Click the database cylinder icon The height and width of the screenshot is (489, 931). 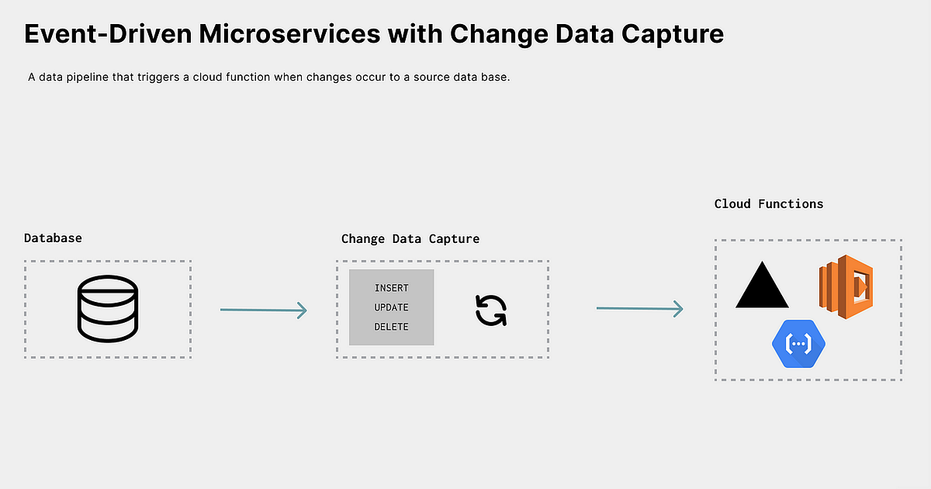point(108,310)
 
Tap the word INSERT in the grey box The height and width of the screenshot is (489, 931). point(391,288)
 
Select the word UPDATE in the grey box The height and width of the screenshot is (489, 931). point(391,307)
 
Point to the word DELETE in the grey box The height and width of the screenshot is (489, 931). point(391,327)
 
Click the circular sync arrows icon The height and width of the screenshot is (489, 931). point(490,310)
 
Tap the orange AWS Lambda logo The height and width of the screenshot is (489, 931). point(846,286)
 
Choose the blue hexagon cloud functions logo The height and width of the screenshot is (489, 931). point(798,342)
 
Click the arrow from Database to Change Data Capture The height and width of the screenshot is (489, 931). point(264,310)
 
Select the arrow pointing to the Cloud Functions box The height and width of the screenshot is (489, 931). point(639,309)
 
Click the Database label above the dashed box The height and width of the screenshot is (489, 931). point(53,238)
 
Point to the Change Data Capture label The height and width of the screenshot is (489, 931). point(410,238)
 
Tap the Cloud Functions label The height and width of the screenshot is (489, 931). point(769,203)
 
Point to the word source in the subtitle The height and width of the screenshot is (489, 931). point(426,78)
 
